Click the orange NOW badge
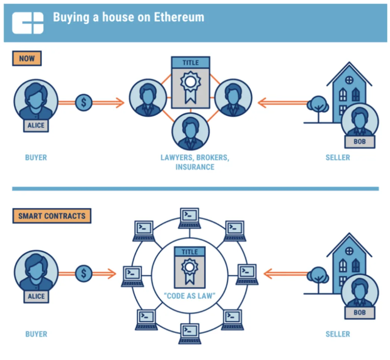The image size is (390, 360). click(x=27, y=59)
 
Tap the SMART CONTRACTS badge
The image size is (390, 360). click(x=52, y=216)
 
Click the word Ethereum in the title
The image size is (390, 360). click(x=179, y=17)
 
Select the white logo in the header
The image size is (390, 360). click(x=28, y=23)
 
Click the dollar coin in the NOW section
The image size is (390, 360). click(x=84, y=102)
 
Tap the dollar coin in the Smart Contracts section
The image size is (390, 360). click(x=84, y=274)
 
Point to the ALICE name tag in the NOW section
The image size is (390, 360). click(x=36, y=125)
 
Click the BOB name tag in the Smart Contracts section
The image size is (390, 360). click(x=360, y=313)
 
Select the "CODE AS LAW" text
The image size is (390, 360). click(x=189, y=296)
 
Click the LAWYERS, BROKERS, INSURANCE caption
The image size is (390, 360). click(x=195, y=162)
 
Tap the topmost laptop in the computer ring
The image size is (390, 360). click(x=189, y=218)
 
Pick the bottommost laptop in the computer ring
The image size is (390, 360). click(x=190, y=334)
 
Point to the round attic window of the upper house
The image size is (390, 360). click(x=349, y=80)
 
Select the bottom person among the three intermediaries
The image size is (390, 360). click(x=191, y=132)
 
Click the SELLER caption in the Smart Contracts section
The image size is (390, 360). click(x=338, y=334)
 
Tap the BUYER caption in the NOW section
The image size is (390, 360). click(x=36, y=157)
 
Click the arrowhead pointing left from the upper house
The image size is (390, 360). click(x=262, y=103)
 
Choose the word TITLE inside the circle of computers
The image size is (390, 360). click(x=190, y=252)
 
